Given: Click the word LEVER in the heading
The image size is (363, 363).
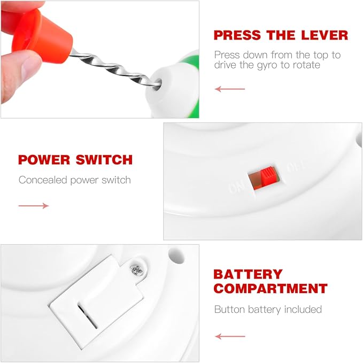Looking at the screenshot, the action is (x=325, y=35).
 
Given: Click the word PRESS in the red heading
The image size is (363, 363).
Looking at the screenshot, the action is (x=237, y=35).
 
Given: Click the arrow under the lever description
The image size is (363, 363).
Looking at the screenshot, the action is (x=230, y=89).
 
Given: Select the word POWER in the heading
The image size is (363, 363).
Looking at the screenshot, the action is (x=44, y=160).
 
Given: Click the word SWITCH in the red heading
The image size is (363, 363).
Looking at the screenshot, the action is (x=104, y=160).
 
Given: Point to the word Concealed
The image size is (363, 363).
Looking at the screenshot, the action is (x=43, y=180).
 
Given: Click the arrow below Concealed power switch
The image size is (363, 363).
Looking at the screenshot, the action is (x=34, y=206).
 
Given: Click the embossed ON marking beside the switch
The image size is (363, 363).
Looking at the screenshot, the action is (x=236, y=187).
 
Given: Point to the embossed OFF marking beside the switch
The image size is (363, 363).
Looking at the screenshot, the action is (x=295, y=167).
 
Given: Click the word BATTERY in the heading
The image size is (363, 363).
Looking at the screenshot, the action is (x=248, y=274).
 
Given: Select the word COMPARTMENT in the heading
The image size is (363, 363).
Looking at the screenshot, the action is (x=271, y=289).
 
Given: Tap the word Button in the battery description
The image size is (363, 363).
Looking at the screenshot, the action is (x=229, y=310).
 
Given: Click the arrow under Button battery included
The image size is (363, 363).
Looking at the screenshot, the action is (x=230, y=336).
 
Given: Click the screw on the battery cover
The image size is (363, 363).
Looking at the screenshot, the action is (x=136, y=269).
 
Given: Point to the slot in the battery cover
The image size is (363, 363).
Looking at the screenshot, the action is (x=87, y=316).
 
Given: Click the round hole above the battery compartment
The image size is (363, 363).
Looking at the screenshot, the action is (x=176, y=256).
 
